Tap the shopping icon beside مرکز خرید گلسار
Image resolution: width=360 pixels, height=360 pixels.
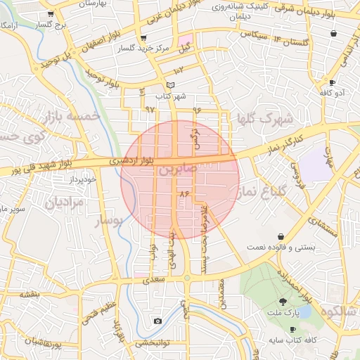pyautogui.click(x=144, y=37)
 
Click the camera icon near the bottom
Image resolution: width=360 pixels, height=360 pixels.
pyautogui.click(x=157, y=321)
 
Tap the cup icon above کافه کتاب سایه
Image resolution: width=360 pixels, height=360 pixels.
pyautogui.click(x=292, y=329)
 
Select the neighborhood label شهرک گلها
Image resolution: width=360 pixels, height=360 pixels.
pyautogui.click(x=264, y=119)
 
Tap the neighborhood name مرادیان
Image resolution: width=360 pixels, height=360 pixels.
pyautogui.click(x=65, y=203)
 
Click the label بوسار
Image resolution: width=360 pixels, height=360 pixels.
pyautogui.click(x=108, y=221)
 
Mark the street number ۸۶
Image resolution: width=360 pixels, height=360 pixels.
pyautogui.click(x=185, y=193)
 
